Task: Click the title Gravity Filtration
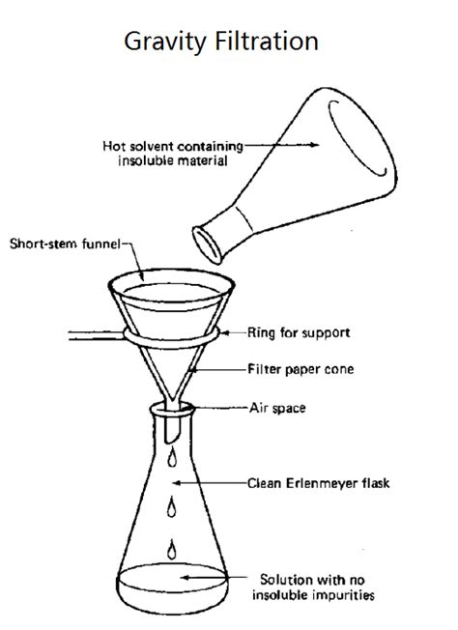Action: (x=221, y=42)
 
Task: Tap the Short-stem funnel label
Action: (x=64, y=243)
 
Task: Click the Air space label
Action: (x=279, y=408)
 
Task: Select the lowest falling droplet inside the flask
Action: (x=173, y=547)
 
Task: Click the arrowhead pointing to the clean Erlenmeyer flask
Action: (x=178, y=480)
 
